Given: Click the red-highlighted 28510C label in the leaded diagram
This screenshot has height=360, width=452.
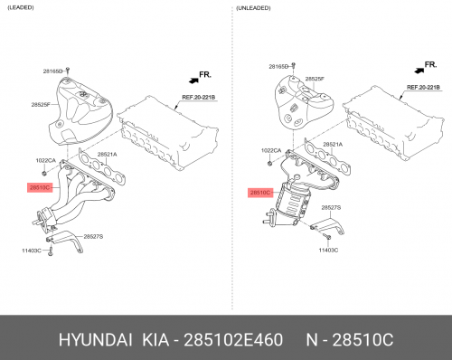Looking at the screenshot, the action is coord(40,187).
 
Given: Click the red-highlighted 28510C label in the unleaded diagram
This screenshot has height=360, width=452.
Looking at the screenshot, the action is coord(260,193).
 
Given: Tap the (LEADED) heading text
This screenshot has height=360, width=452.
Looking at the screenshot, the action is coord(21,7).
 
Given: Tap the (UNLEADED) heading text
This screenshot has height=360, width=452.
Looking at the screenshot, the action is coord(253,8).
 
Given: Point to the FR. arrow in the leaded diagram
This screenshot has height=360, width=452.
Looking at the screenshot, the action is coord(193,81).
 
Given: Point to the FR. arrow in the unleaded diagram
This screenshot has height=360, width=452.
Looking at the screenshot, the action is coord(419,71).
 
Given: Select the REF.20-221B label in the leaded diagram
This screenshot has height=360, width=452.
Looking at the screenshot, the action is coord(198,98).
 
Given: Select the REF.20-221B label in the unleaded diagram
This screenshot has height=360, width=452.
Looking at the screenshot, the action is coord(423,88).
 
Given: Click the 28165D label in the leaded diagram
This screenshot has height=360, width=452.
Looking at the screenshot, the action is coord(52,71).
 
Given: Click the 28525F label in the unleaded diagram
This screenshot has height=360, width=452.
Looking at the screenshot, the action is coord(315,79).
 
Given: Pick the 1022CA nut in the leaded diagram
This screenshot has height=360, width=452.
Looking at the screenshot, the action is coord(44,173).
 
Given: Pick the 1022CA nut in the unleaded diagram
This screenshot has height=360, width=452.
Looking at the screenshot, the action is coord(270,164).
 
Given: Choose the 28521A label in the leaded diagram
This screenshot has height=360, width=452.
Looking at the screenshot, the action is coord(107,155).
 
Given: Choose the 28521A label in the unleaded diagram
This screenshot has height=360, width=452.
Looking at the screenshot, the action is coord(333,145).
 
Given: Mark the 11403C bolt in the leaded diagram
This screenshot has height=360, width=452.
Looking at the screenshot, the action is coord(51,251).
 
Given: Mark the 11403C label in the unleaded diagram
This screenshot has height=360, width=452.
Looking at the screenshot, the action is coord(328,250).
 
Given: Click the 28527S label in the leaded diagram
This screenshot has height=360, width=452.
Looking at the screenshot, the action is coord(93,237).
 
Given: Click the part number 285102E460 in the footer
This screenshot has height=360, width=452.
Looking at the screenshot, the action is coord(233,340).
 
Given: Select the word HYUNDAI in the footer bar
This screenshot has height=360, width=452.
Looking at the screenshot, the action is coord(95,340).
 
